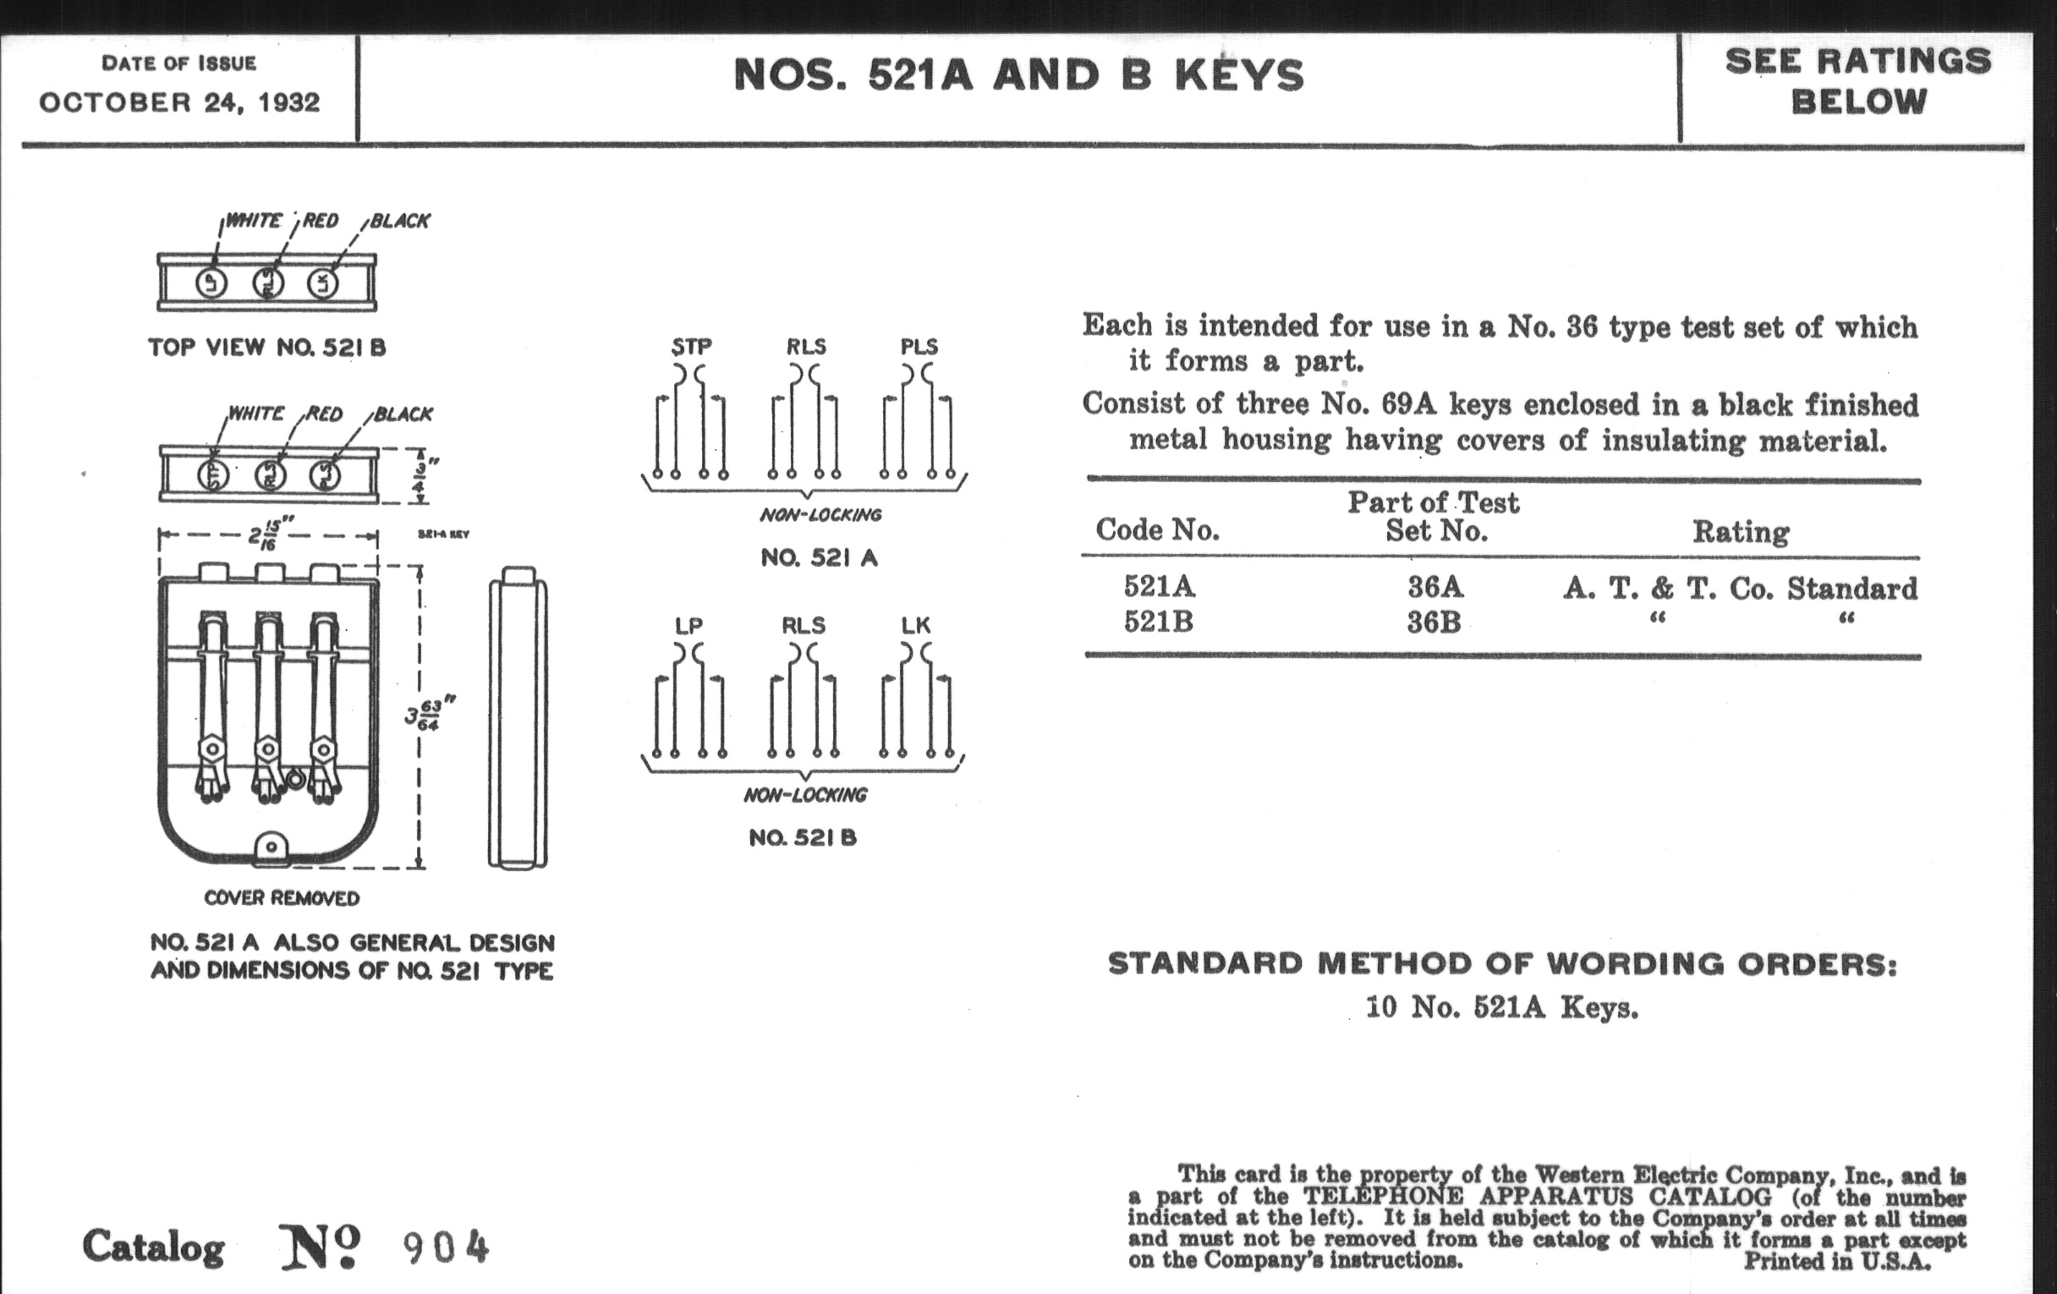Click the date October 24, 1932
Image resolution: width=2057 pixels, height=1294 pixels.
[179, 102]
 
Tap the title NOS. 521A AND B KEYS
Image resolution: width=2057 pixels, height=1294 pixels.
[1018, 75]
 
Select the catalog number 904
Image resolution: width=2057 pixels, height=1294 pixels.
[446, 1247]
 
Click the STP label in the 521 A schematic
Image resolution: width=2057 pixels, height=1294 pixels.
[691, 347]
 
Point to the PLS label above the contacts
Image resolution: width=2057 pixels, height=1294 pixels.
[919, 347]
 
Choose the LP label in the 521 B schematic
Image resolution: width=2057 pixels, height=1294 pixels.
[688, 625]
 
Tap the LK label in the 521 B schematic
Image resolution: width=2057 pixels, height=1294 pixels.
[915, 625]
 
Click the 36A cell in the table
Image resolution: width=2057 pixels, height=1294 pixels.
[1435, 588]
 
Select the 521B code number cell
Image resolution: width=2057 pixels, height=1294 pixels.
[1159, 622]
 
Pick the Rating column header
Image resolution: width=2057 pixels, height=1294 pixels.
[1740, 532]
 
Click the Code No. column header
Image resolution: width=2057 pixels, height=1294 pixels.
[1158, 530]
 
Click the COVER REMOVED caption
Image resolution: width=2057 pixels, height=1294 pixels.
[282, 898]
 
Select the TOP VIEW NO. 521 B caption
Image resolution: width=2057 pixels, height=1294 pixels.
[266, 348]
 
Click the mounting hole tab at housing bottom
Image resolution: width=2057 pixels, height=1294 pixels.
[271, 847]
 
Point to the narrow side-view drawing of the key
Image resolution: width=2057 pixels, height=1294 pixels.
[518, 717]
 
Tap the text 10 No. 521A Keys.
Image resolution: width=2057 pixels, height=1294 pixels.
[1502, 1008]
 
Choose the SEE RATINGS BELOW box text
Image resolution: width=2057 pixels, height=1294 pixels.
[1859, 81]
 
